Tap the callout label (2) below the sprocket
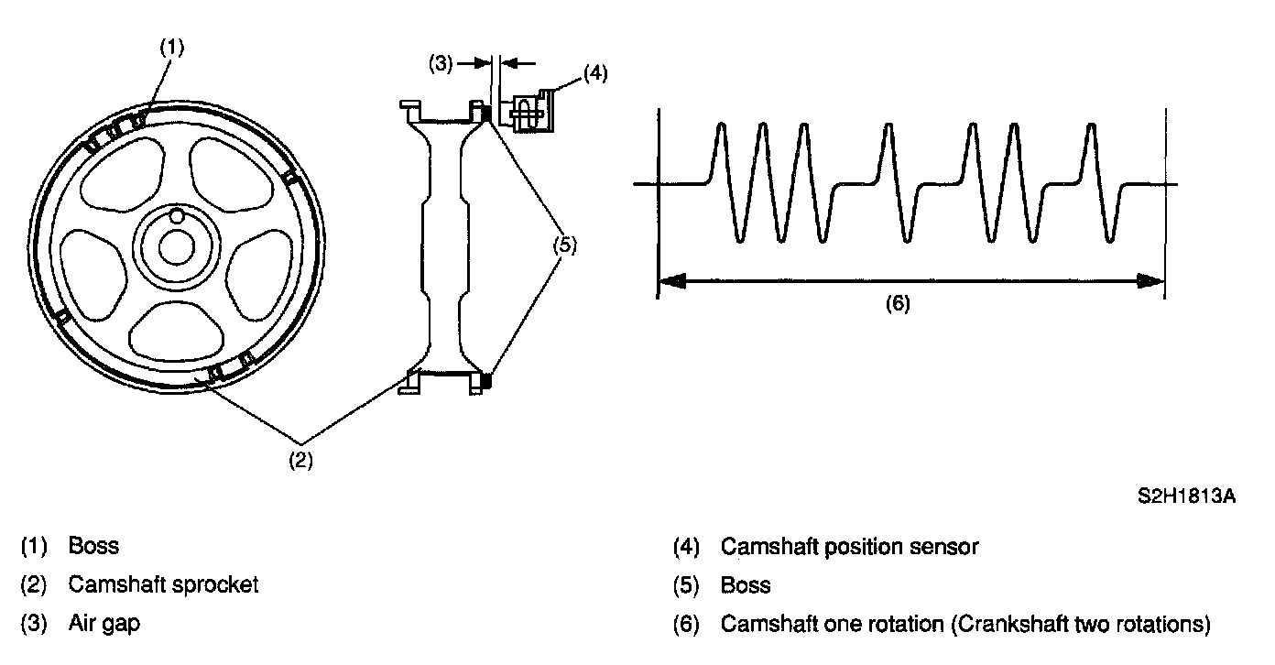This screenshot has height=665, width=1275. (x=301, y=462)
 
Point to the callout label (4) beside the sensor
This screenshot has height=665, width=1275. (x=594, y=72)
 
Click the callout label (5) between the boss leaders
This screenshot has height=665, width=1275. (x=565, y=245)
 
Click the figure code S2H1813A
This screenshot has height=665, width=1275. (x=1187, y=497)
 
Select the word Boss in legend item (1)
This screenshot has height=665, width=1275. (x=93, y=547)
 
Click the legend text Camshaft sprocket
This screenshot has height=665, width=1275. (x=163, y=584)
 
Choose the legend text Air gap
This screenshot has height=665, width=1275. (x=104, y=624)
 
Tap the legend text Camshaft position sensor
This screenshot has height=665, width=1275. (x=849, y=547)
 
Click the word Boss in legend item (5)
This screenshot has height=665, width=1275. (x=746, y=584)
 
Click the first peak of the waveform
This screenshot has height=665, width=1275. (x=721, y=124)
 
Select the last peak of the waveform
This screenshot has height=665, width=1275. (x=1091, y=124)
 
